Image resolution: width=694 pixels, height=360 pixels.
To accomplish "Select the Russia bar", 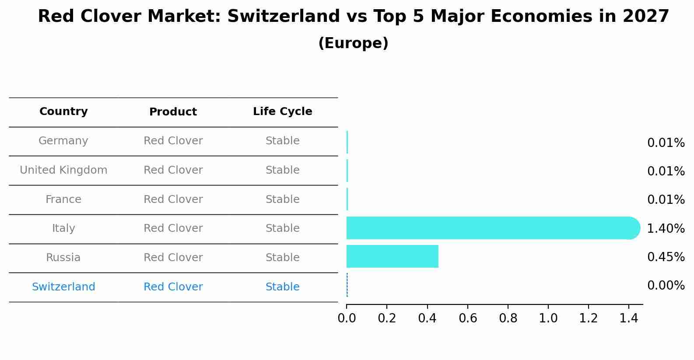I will click(392, 256).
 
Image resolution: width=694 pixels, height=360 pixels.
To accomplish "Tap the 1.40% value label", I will click(666, 228).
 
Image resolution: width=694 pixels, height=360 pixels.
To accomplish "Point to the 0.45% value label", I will click(666, 257).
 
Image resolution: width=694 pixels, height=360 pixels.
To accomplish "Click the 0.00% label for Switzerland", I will click(666, 286).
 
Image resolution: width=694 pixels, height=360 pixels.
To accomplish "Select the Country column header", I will click(63, 112).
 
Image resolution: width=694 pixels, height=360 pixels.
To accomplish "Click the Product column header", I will click(173, 112).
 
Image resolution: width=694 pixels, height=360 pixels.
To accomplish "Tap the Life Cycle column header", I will click(282, 112).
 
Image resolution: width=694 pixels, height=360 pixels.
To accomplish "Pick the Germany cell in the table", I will click(63, 141).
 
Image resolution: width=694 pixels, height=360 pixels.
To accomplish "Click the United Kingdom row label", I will click(63, 170).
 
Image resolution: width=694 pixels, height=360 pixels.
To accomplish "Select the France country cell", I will click(63, 199).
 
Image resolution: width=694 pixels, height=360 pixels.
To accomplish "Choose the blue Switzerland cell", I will click(63, 287).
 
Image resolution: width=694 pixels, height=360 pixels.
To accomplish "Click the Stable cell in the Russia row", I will click(282, 258).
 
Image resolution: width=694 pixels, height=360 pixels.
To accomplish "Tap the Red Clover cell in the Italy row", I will click(173, 228).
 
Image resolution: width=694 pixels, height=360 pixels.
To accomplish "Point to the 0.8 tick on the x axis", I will click(508, 318).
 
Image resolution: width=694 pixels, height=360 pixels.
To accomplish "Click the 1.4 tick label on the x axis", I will click(629, 318).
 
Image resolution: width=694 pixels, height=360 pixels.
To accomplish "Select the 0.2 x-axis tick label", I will click(387, 318).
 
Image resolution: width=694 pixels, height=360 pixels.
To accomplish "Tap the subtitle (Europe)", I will click(353, 43).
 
